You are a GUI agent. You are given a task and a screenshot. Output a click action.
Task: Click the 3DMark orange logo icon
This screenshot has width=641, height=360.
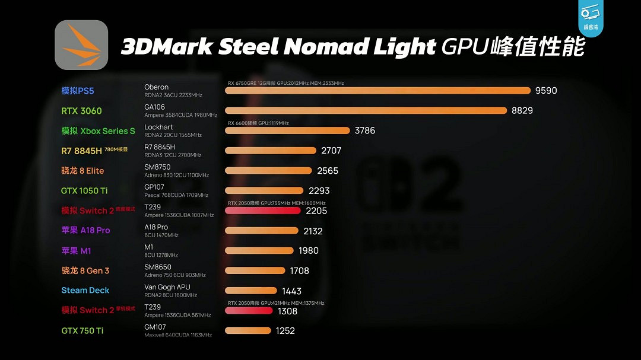[x=81, y=45]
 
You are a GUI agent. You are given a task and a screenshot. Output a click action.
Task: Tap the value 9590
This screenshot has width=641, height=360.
[x=546, y=91]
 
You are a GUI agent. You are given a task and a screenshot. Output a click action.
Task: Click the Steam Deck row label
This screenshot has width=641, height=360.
[x=85, y=291]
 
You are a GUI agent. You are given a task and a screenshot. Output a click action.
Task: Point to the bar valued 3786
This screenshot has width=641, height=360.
[x=287, y=130]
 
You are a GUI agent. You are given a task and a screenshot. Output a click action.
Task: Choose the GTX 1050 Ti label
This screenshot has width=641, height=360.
[x=84, y=191]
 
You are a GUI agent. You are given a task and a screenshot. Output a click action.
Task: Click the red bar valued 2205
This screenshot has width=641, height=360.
[x=262, y=211]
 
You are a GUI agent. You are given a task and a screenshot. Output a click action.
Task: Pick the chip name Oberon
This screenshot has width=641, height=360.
[x=157, y=87]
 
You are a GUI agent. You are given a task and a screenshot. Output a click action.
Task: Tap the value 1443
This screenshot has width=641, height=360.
[x=292, y=291]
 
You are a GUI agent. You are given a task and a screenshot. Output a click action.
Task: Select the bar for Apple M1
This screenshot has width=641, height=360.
[x=259, y=250]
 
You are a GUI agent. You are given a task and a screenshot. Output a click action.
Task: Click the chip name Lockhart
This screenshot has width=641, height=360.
[x=158, y=127]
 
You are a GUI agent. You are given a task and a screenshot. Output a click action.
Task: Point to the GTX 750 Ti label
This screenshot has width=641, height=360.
[x=82, y=331]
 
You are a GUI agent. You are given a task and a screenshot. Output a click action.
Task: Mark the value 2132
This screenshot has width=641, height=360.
[x=313, y=231]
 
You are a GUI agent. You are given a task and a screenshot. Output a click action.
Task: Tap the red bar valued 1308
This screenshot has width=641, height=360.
[x=248, y=311]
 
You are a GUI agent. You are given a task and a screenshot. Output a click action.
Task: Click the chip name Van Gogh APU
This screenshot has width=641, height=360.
[x=167, y=287]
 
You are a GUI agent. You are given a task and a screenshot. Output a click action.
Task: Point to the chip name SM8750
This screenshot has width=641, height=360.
[x=157, y=167]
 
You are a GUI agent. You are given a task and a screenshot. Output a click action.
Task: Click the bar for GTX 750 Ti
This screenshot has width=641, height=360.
[x=247, y=331]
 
